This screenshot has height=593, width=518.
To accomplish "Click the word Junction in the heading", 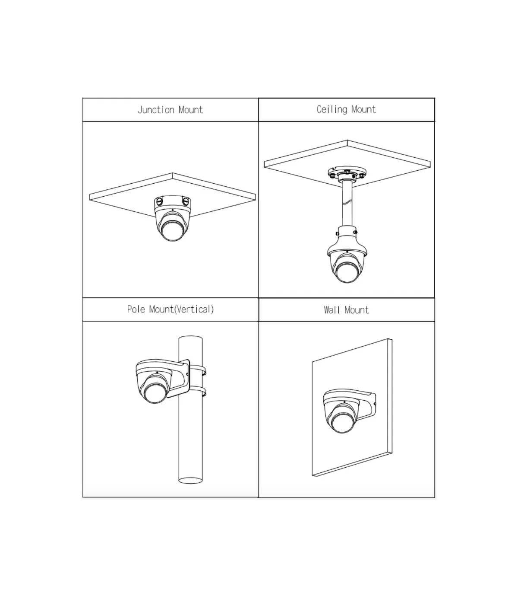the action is pyautogui.click(x=156, y=110).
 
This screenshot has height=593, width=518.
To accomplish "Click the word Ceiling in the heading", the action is pyautogui.click(x=332, y=109).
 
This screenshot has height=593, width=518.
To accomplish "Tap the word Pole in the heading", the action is pyautogui.click(x=136, y=309).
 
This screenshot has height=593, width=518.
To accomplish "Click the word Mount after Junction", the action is pyautogui.click(x=191, y=110).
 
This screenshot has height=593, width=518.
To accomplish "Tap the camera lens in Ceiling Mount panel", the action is pyautogui.click(x=347, y=272).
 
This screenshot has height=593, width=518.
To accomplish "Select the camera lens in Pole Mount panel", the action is pyautogui.click(x=155, y=393).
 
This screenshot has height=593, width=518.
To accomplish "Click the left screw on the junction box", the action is pyautogui.click(x=159, y=201).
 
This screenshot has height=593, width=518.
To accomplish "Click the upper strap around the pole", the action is pyautogui.click(x=198, y=370).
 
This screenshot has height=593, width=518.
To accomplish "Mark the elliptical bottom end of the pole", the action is pyautogui.click(x=190, y=481).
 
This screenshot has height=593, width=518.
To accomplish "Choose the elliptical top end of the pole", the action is pyautogui.click(x=190, y=338).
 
